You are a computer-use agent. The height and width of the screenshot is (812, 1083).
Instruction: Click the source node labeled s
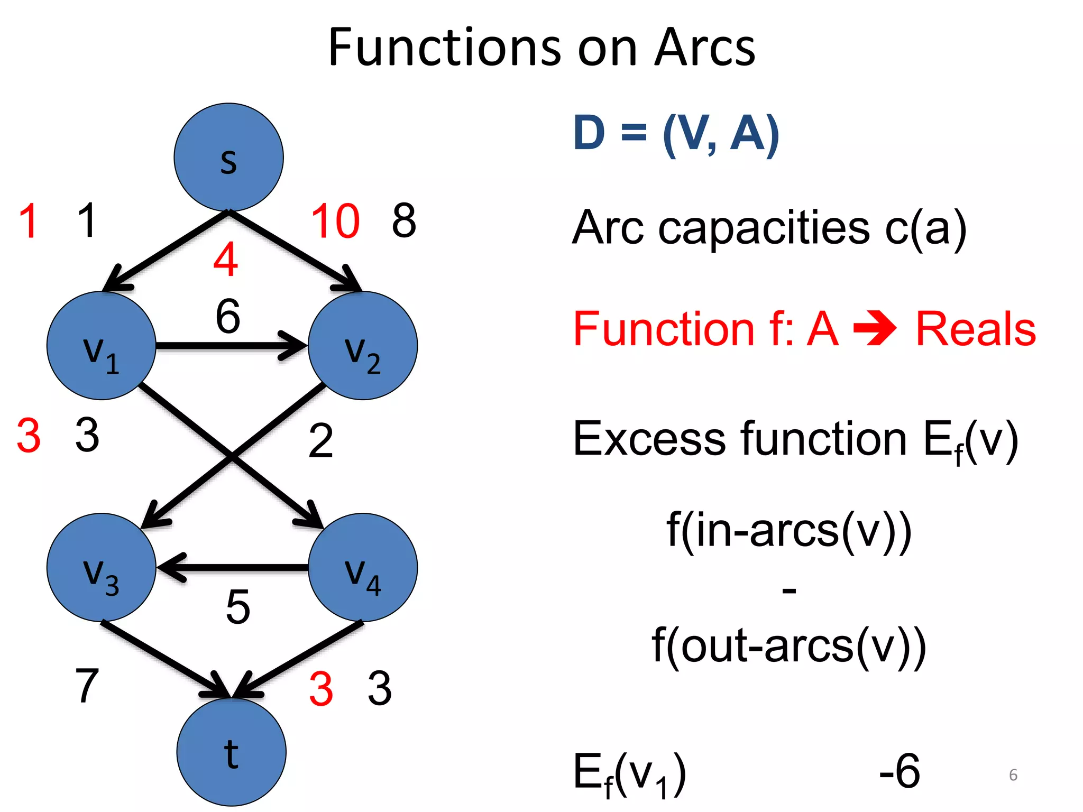[228, 157]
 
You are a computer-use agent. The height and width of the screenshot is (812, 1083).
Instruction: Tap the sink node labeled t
[231, 752]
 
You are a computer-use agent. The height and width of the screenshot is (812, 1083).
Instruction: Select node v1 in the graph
[101, 346]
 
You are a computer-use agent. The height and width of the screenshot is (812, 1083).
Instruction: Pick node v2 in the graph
[363, 346]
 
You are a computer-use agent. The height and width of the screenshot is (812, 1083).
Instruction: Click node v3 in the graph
[101, 567]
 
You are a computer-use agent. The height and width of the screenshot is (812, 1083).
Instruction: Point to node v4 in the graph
[363, 567]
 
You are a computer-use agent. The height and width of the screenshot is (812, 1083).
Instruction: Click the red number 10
[335, 221]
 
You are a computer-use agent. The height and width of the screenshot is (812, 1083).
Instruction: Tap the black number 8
[404, 220]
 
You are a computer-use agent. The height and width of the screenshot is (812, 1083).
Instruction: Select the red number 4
[226, 260]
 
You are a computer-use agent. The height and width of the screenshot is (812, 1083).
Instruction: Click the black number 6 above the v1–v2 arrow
[228, 316]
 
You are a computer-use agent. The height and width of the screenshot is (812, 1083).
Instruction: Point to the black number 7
[87, 686]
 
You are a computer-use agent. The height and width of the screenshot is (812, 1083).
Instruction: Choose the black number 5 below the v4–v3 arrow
[238, 607]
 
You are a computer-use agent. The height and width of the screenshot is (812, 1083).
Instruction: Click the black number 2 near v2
[320, 440]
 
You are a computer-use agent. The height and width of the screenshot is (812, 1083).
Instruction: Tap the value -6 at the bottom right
[900, 771]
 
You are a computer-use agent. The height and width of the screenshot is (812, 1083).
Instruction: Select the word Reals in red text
[976, 329]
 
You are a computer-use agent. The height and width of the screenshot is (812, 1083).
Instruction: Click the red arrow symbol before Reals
[875, 329]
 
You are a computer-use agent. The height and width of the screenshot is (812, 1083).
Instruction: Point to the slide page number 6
[1013, 775]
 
